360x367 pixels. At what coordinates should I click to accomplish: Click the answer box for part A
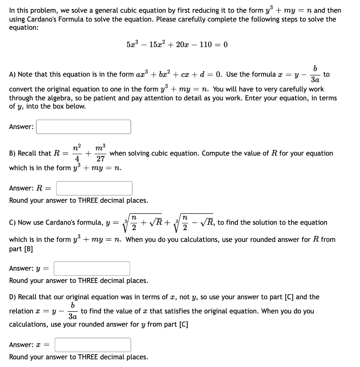[83, 127]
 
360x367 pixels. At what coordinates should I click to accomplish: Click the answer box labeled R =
[94, 188]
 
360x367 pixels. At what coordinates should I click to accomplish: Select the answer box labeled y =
[92, 268]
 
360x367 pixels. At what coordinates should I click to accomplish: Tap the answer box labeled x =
[92, 345]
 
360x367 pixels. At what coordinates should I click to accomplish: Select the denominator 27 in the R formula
[100, 159]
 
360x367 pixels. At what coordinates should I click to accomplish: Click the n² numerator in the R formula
[77, 147]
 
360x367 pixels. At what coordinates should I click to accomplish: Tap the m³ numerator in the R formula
[100, 147]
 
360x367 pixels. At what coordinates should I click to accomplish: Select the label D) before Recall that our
[13, 297]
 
